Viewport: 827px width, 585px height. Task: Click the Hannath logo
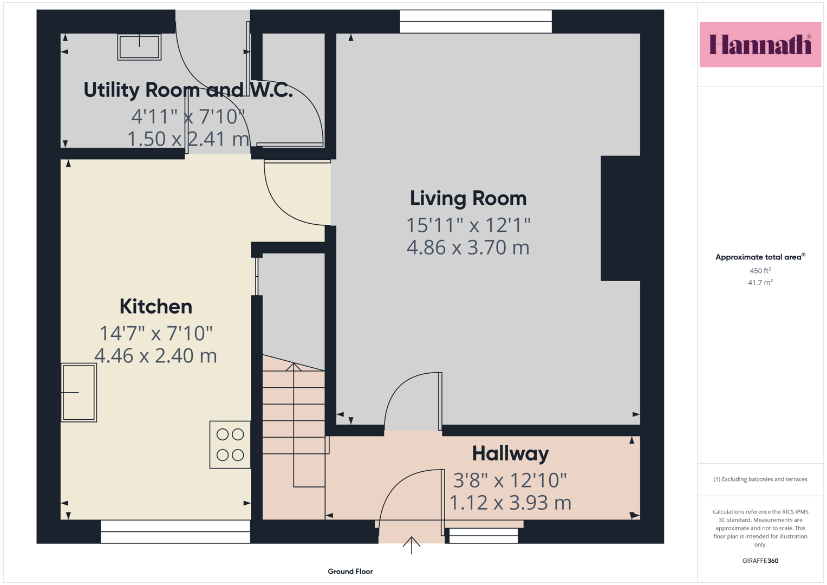[x=760, y=44]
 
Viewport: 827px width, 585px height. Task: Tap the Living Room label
[x=468, y=198]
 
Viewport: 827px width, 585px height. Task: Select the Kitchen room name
[x=156, y=307]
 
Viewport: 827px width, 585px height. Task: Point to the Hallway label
[x=510, y=454]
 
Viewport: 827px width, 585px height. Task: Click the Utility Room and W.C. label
[x=188, y=90]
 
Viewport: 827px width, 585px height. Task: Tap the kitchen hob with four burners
[x=230, y=445]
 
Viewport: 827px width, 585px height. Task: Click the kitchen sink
[x=79, y=393]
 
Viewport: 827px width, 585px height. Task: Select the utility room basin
[x=139, y=47]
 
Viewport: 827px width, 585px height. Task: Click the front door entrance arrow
[x=412, y=545]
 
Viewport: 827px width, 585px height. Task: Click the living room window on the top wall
[x=476, y=22]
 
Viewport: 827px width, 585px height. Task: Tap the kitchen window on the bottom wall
[x=175, y=531]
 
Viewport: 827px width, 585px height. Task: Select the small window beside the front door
[x=483, y=536]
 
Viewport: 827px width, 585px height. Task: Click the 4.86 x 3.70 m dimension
[x=468, y=248]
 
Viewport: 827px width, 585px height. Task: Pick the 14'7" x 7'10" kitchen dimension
[x=156, y=333]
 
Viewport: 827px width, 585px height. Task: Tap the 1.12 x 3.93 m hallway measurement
[x=510, y=503]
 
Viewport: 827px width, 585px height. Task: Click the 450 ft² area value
[x=760, y=270]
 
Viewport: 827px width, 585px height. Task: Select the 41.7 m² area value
[x=760, y=282]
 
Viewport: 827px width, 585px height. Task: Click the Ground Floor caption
[x=350, y=571]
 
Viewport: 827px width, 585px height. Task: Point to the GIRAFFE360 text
[x=760, y=561]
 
